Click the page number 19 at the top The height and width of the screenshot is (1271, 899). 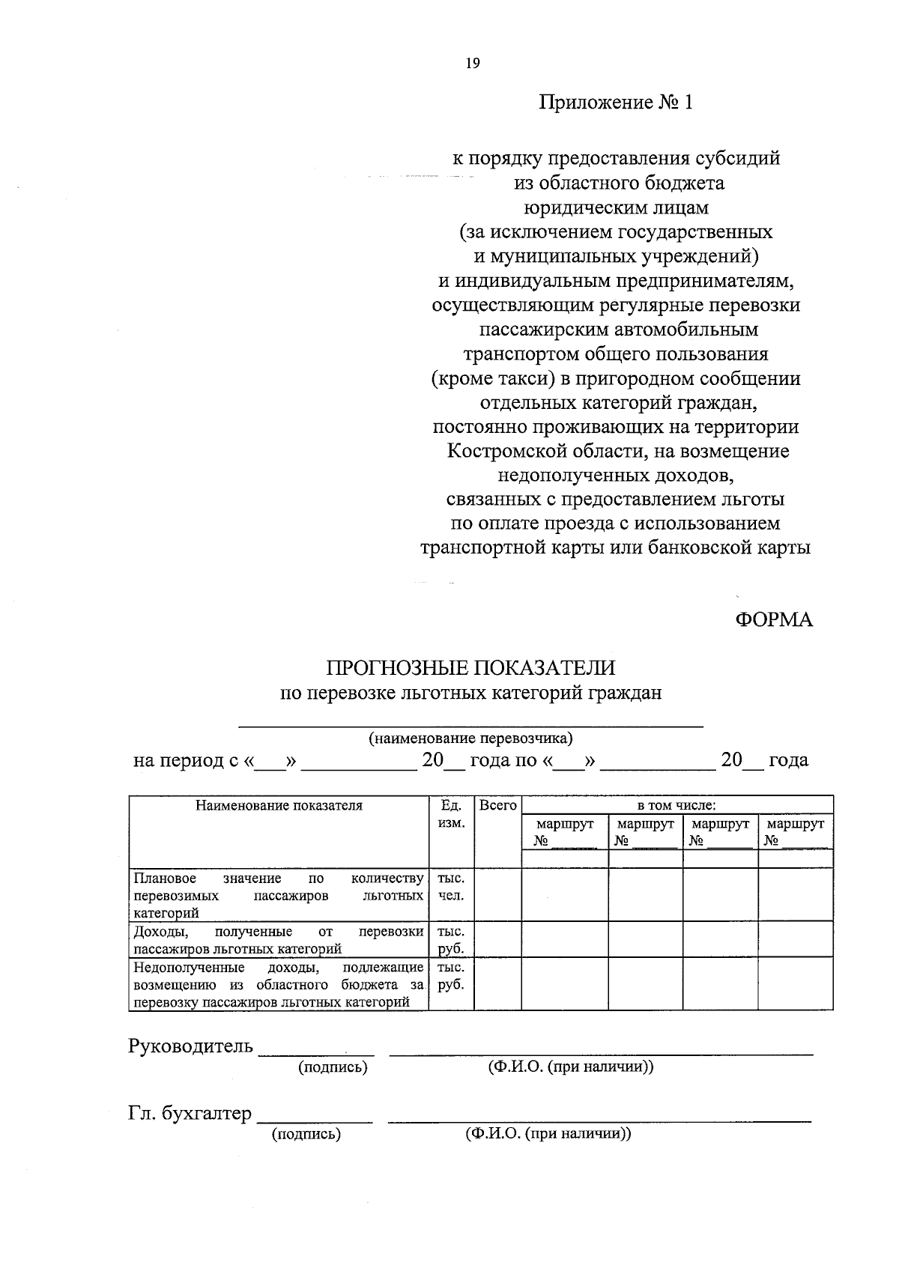[x=472, y=63]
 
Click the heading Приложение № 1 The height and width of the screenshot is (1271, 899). [x=616, y=102]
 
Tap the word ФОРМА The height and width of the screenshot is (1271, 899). [x=773, y=619]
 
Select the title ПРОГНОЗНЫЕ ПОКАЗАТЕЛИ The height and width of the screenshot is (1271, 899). [x=470, y=668]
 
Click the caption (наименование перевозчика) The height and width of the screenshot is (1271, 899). [x=470, y=738]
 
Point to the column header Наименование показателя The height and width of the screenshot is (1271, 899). [x=279, y=806]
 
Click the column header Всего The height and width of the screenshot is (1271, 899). [x=497, y=806]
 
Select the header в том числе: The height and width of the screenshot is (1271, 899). [x=676, y=806]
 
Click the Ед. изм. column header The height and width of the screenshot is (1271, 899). [x=451, y=814]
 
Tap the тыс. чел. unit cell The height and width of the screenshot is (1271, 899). [x=451, y=887]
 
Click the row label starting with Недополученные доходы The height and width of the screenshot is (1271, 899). [x=278, y=985]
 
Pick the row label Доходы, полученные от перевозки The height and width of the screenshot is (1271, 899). [x=278, y=940]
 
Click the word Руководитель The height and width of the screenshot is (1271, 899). [x=190, y=1046]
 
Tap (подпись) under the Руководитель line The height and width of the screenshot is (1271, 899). [x=333, y=1067]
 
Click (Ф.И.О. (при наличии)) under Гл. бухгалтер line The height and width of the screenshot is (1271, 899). [x=548, y=1134]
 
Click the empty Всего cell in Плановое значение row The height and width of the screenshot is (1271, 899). [x=497, y=894]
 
